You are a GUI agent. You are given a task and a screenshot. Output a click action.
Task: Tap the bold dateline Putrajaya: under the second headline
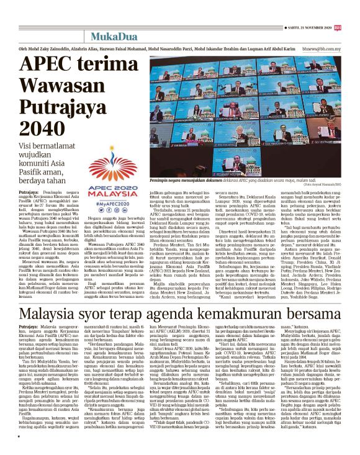[29, 327]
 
